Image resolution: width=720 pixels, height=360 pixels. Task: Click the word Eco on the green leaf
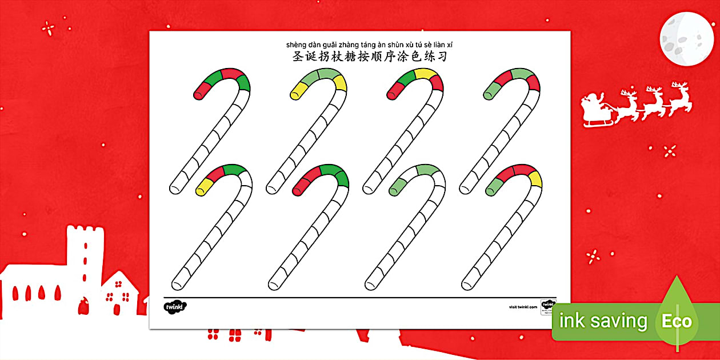click(677, 321)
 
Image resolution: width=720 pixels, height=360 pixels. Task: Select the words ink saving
click(603, 321)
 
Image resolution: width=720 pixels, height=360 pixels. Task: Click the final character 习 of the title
click(441, 57)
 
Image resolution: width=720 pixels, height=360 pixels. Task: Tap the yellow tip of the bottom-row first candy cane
click(202, 189)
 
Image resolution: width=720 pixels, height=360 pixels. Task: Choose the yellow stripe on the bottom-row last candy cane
click(534, 179)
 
